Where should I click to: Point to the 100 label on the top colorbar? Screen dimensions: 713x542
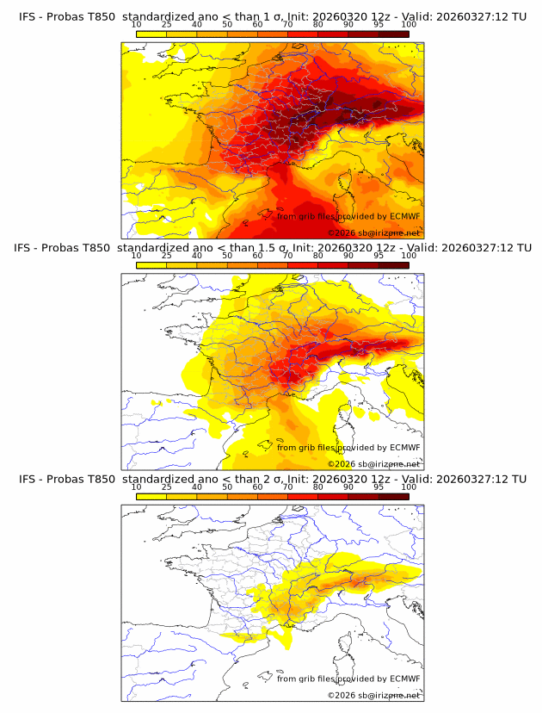(409, 26)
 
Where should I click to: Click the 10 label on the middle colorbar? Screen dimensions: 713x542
(137, 256)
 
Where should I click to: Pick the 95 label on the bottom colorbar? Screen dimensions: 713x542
(379, 487)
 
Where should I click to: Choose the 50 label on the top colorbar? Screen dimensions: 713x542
(227, 26)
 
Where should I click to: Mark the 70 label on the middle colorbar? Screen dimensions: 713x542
(287, 256)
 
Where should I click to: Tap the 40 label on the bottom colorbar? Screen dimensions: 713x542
(197, 487)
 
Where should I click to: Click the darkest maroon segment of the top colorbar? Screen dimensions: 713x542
(393, 33)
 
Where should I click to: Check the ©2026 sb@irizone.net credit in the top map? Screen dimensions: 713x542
(373, 233)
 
